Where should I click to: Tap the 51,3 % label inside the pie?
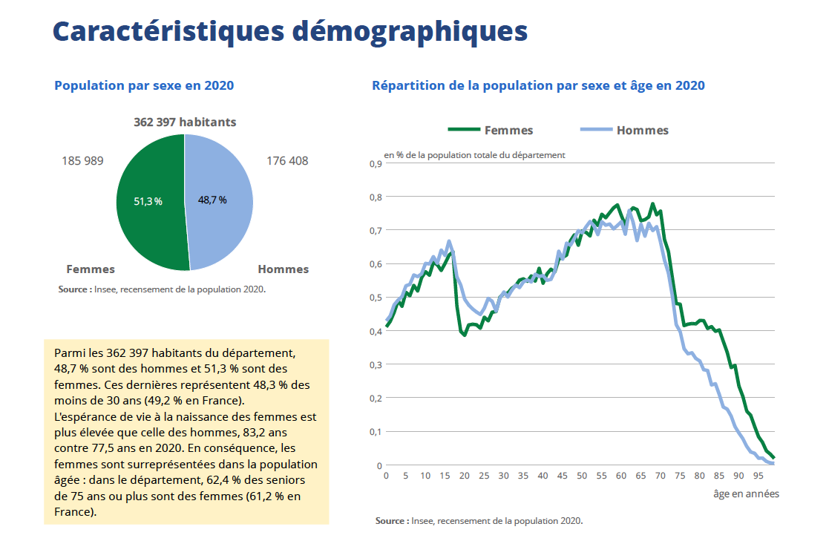pos(148,202)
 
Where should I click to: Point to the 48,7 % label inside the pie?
pos(212,200)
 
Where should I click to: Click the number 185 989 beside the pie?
pos(82,161)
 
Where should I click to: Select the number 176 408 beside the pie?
pos(287,161)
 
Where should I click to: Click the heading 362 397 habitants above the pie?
pos(185,122)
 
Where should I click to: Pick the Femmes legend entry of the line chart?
pos(491,130)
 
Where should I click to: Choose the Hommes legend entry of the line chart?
pos(624,130)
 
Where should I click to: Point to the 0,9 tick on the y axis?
pos(376,164)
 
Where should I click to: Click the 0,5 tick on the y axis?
pos(376,298)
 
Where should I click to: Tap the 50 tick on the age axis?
pos(582,476)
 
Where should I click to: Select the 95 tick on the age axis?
pos(758,476)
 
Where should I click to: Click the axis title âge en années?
pos(746,494)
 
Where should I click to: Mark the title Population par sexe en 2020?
pos(144,85)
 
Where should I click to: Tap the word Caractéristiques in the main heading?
pos(168,32)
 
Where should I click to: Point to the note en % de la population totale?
pos(474,155)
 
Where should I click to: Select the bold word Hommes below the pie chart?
pos(284,269)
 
